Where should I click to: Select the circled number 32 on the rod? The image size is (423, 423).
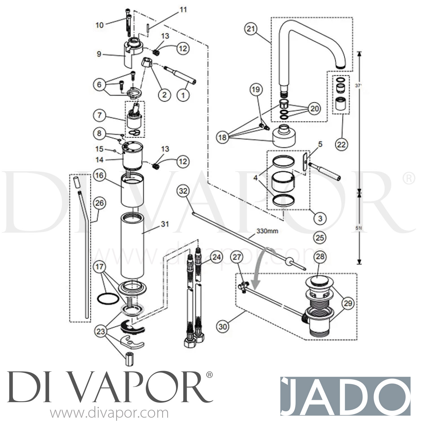(183, 191)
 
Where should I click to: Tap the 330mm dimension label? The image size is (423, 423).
(267, 231)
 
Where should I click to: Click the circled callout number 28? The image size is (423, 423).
(320, 257)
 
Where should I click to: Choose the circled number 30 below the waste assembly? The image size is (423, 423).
(223, 327)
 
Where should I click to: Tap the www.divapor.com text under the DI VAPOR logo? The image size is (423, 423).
(109, 414)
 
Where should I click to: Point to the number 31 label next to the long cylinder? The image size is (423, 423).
(165, 224)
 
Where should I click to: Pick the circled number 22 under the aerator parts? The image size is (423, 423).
(341, 144)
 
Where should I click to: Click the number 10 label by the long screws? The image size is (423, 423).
(99, 25)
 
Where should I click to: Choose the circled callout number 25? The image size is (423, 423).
(320, 238)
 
